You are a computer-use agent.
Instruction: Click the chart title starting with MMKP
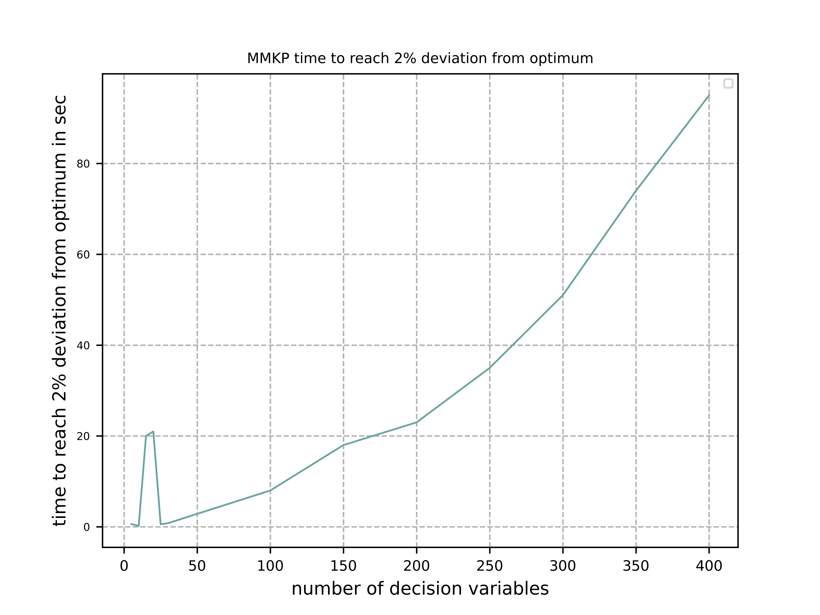420,59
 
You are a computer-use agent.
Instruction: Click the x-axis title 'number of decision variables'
420,589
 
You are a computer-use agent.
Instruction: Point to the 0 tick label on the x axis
124,566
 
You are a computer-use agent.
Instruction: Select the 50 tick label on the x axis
197,566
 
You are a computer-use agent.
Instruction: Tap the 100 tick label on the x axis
270,566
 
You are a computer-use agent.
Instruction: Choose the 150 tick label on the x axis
343,566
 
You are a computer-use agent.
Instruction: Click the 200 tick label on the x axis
417,566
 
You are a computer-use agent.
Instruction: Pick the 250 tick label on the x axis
490,566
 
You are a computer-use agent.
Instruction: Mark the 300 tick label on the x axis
563,566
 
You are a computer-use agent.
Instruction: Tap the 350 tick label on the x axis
636,566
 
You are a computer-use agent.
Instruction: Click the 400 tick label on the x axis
709,566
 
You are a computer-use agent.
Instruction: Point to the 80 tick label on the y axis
83,164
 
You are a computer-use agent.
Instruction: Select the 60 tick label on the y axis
83,255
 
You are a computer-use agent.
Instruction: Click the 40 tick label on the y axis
83,346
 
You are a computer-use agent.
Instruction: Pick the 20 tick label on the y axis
83,436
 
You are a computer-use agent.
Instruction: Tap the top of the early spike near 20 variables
153,431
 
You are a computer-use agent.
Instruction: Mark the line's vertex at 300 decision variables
563,295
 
